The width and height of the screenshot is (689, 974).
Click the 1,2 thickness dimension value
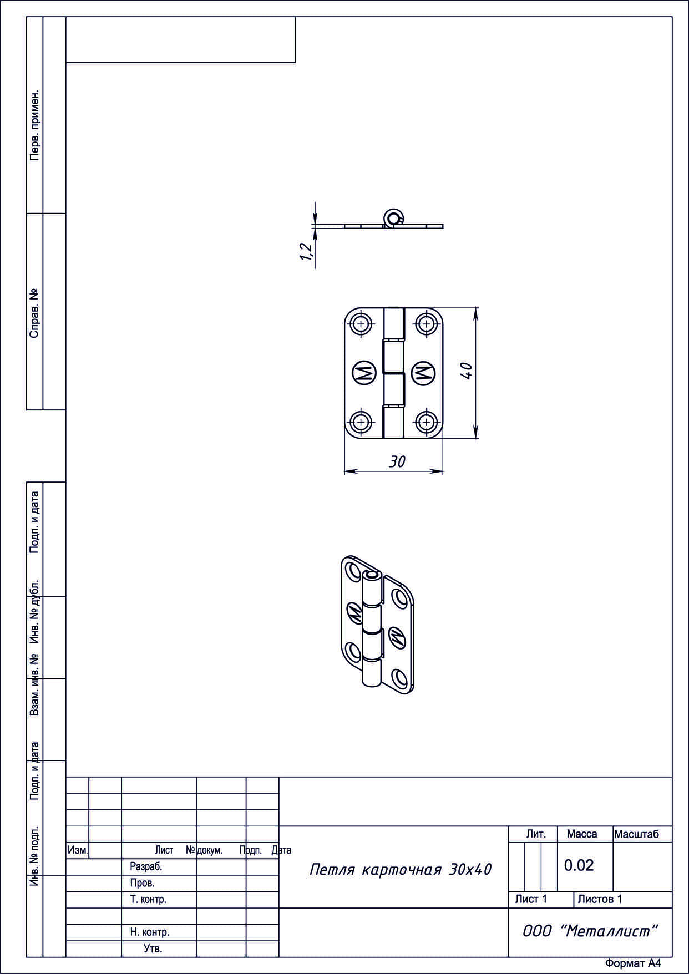306,251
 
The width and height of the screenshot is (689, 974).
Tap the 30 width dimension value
397,461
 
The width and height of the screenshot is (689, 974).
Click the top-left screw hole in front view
362,323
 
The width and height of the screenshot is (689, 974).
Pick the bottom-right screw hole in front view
426,422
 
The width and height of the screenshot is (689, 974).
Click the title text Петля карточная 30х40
401,869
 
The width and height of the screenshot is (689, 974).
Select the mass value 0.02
579,865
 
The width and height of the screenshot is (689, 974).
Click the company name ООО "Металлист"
590,931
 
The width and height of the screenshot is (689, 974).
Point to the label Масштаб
636,834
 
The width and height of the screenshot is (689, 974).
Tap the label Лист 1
531,899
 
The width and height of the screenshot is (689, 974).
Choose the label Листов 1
600,899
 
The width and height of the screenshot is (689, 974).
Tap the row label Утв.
153,949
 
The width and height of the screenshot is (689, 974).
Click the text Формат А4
633,963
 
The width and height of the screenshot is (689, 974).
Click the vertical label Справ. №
35,313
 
